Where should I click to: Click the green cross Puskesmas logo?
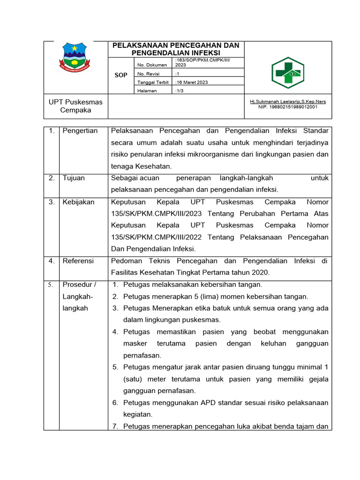pos(288,73)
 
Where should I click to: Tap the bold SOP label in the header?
pos(121,75)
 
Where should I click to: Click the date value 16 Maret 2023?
pos(192,82)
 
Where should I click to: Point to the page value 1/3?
pos(180,90)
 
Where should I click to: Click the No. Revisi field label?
pos(149,74)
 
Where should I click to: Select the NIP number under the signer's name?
pos(288,107)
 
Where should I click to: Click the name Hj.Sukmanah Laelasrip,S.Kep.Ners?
pos(288,101)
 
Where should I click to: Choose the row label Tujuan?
pos(74,178)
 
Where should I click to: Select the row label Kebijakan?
pos(78,202)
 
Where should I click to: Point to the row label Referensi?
pos(78,261)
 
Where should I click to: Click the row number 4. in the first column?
pos(52,261)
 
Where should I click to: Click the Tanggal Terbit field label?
pos(153,82)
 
